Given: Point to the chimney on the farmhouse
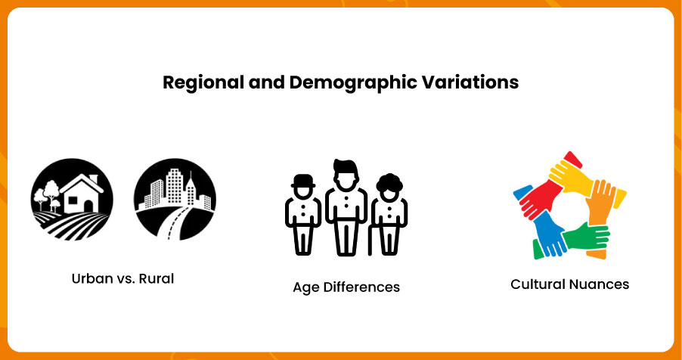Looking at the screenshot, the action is tap(94, 179).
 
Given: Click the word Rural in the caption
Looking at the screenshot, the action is tap(157, 278).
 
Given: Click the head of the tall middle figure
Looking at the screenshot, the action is tap(346, 175).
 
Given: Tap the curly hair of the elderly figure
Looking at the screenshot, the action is tap(389, 182).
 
